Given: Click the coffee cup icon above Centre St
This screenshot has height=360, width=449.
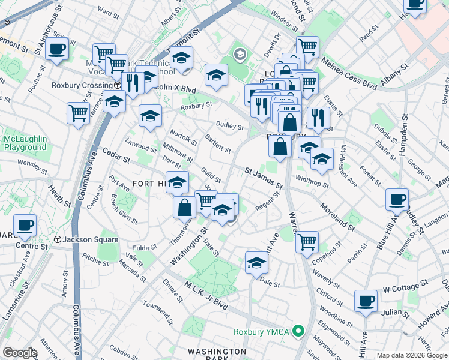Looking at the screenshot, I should (25, 226).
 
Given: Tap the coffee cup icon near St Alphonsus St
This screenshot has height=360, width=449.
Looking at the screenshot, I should (57, 49).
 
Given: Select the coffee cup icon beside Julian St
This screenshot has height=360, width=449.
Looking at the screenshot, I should (366, 301).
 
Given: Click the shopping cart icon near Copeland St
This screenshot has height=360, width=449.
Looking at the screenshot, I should (307, 242).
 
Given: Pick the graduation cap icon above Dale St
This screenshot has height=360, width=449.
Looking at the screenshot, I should (256, 263).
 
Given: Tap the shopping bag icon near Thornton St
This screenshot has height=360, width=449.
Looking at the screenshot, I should (185, 208).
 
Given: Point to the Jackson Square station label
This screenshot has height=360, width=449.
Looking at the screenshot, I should (82, 239).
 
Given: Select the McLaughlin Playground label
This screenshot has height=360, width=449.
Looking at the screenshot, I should (25, 143).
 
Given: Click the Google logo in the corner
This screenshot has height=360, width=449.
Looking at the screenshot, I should (20, 353).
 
